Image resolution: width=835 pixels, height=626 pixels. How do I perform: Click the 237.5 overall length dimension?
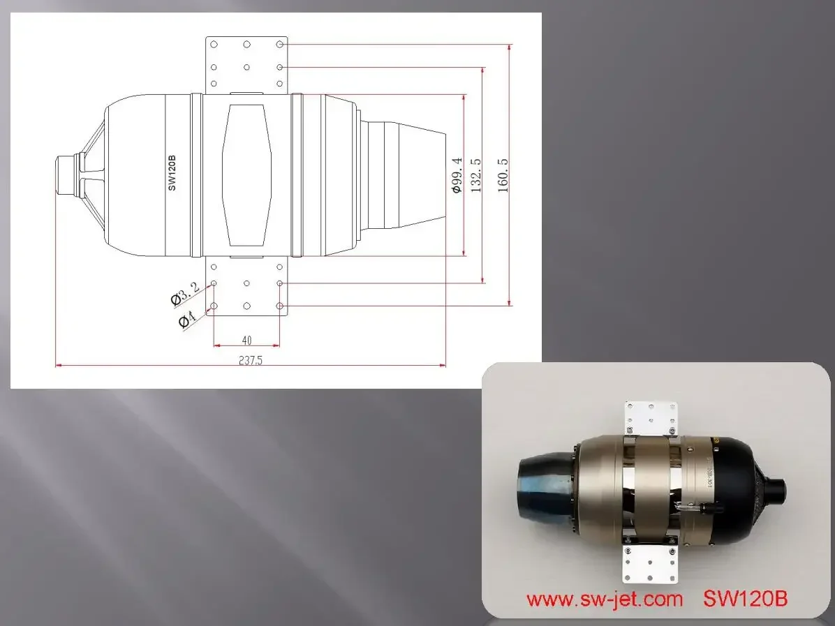pos(250,360)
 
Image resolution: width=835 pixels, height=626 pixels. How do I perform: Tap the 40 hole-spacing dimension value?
pos(246,340)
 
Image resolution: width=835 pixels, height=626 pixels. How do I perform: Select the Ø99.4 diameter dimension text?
pos(457,175)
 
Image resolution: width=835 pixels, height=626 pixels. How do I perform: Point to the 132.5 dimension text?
pos(476,174)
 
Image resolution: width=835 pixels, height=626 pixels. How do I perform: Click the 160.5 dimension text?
pos(503,174)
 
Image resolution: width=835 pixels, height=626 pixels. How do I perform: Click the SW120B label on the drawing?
pos(172,173)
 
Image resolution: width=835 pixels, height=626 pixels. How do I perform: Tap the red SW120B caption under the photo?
pos(745,598)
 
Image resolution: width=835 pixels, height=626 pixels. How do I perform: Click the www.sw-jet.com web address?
pos(605,599)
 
